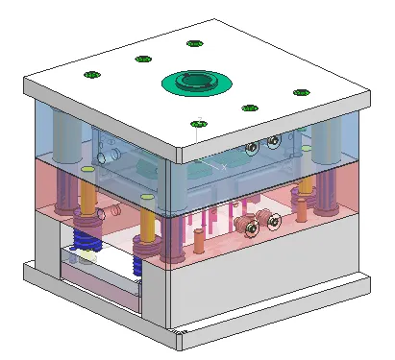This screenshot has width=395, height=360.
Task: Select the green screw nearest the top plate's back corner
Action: [x=195, y=43]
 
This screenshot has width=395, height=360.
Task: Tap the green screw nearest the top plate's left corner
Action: [x=92, y=75]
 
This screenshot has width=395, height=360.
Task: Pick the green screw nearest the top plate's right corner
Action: [x=301, y=93]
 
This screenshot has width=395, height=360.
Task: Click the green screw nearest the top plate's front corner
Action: [x=199, y=123]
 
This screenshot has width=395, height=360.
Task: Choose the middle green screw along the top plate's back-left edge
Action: [x=143, y=59]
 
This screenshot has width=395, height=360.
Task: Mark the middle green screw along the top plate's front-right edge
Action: [x=250, y=108]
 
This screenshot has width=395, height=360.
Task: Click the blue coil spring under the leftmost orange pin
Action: [x=86, y=231]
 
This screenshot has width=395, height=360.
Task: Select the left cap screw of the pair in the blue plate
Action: [x=252, y=148]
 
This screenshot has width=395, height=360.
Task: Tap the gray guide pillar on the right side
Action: [x=333, y=134]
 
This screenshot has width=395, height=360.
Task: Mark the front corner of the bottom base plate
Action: [x=183, y=336]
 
